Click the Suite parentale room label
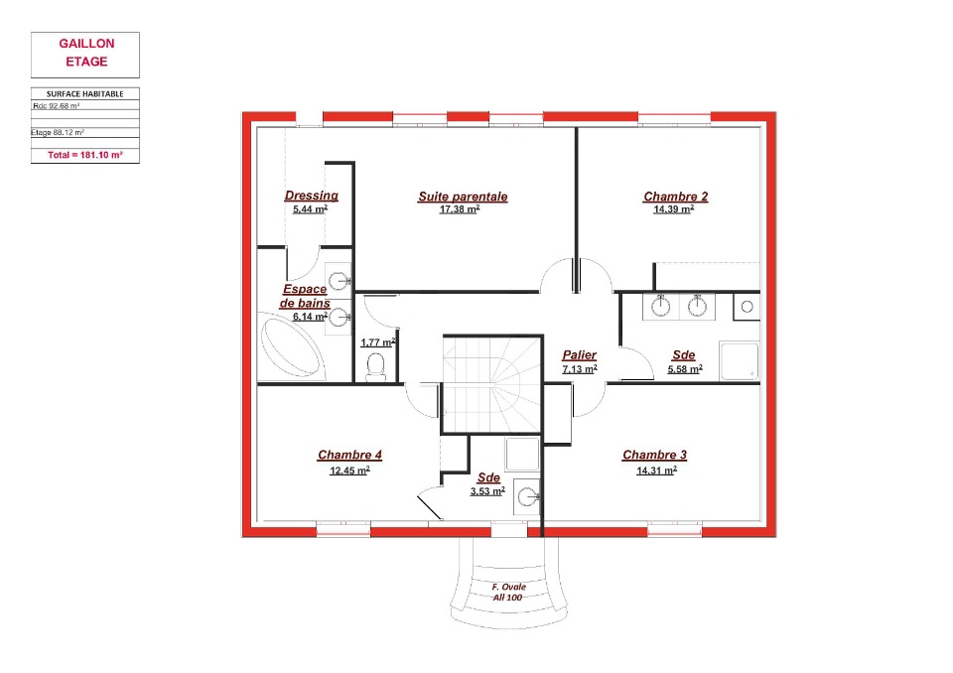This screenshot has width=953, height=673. coord(463,197)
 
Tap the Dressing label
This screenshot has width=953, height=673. coord(311,196)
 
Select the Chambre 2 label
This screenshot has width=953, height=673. coord(675,197)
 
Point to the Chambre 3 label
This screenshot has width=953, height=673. coord(654,455)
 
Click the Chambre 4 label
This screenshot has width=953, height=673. coord(349,455)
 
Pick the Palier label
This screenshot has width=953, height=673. coord(579,355)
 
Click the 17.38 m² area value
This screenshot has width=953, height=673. coord(460,209)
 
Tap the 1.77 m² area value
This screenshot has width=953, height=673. coord(378,342)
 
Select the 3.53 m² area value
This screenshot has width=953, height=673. coord(487,490)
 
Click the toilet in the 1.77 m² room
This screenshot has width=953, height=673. coord(376,368)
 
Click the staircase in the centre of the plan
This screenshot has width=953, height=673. coord(492,383)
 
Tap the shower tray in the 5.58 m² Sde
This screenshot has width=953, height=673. coord(739,361)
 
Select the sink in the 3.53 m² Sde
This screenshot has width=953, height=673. coord(526,496)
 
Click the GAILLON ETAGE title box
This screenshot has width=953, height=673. coord(85,55)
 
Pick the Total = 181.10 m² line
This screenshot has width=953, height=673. coord(85,155)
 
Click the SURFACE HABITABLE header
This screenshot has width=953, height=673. coord(85,93)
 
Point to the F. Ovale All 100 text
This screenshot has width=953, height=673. coord(508,593)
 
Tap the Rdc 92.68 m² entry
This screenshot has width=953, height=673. coord(57,106)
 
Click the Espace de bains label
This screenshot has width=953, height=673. coord(305,296)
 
